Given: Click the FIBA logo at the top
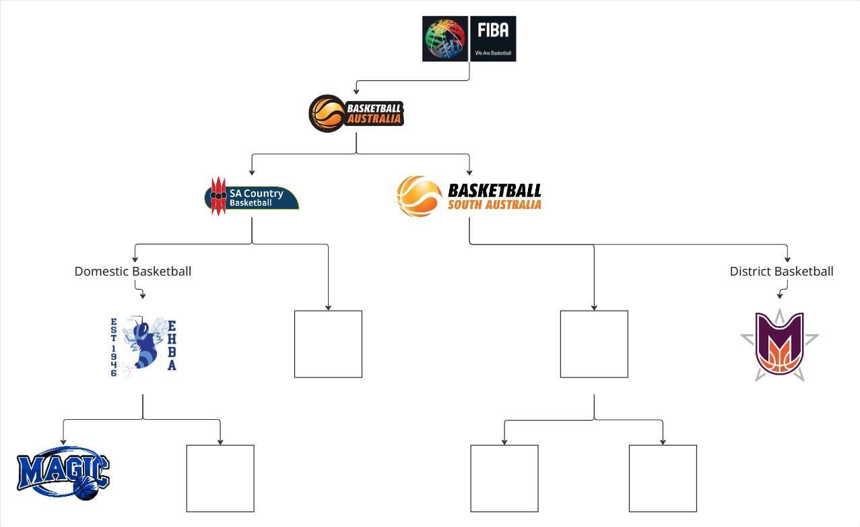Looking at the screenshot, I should (469, 39).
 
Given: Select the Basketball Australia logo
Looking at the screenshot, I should (356, 113).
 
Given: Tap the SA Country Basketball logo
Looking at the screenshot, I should (251, 196).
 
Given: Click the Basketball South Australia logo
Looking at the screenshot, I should (469, 196).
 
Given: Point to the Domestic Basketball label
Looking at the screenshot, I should (133, 272).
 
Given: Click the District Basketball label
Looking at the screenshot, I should (781, 272).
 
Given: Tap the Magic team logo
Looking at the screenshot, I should (63, 473).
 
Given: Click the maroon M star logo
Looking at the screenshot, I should (780, 346).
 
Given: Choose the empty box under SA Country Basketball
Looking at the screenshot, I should (328, 344).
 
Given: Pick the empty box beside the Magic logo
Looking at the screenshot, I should (220, 478).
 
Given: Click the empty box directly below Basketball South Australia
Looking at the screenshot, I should (594, 344).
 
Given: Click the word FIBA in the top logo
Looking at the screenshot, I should (493, 30).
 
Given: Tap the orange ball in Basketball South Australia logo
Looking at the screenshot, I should (419, 196).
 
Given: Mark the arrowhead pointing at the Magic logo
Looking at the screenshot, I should (63, 442).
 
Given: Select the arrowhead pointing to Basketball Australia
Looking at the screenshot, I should (356, 91).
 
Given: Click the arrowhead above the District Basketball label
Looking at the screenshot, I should (787, 259).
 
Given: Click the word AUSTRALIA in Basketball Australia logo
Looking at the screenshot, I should (374, 119).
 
